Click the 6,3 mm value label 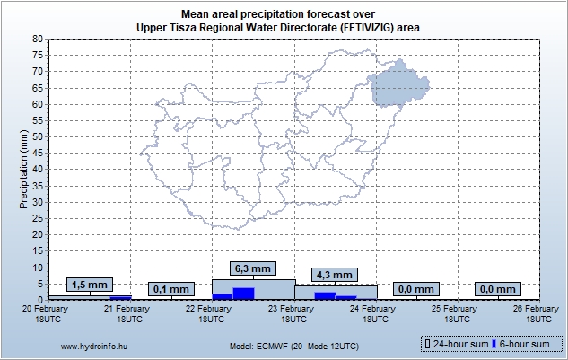click(252, 268)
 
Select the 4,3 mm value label click(334, 274)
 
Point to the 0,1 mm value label click(170, 289)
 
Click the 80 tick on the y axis click(38, 40)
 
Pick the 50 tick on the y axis click(38, 136)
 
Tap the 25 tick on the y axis click(38, 218)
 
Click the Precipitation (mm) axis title click(24, 168)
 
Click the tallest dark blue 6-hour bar click(243, 293)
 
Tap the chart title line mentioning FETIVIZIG click(278, 28)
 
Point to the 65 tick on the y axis click(38, 88)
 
